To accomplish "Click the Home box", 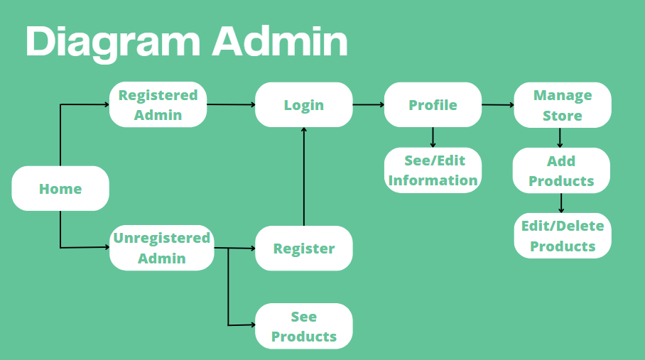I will coord(60,189).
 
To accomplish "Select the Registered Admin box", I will coord(158,105).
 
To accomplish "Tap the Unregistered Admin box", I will coord(162,248).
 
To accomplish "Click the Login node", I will coord(304,105).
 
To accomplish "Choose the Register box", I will coord(304,249).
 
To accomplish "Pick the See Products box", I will coord(304,327).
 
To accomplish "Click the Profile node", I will coord(433,105).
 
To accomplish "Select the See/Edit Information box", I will coord(433,170).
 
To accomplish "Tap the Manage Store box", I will coord(562,105).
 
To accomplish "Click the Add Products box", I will coord(561,170).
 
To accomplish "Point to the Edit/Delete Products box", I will coord(563,236).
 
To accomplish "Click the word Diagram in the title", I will coord(113,42).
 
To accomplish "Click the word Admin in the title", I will coord(280,42).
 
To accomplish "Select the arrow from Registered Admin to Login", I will coord(231,105).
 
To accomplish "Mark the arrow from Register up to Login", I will coord(304,178).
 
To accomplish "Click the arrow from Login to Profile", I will coord(368,105).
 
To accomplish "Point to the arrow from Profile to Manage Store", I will coord(497,105).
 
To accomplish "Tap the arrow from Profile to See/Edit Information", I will coord(433,137).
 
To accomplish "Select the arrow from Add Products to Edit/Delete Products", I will coord(561,203).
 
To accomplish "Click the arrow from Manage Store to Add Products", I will coord(561,138).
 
